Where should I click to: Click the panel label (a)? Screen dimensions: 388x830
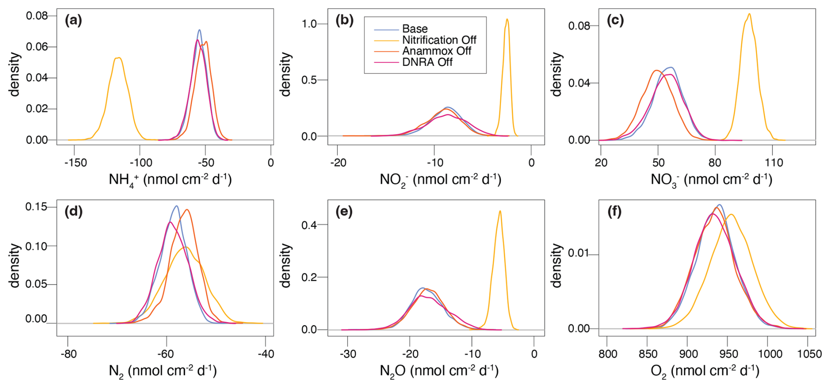tap(73, 21)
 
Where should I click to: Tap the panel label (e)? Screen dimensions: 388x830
tap(344, 212)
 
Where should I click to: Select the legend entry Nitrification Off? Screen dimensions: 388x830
tap(439, 40)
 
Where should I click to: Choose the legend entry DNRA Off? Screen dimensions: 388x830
tap(427, 62)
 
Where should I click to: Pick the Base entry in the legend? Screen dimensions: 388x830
tap(415, 29)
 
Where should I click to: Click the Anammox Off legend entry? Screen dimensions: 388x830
tap(436, 51)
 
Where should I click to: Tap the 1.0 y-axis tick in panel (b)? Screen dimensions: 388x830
tap(309, 24)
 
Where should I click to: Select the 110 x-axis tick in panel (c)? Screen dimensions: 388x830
tap(773, 163)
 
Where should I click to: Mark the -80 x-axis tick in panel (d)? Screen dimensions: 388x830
tap(68, 354)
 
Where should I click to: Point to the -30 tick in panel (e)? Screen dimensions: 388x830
tap(347, 354)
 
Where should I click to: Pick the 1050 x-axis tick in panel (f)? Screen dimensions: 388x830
tap(809, 354)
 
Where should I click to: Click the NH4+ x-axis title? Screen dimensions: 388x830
tap(170, 180)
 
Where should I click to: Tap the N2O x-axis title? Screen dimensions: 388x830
tap(439, 371)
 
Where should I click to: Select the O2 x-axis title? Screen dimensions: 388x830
tap(705, 371)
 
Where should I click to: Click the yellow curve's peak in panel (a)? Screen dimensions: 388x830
tap(118, 57)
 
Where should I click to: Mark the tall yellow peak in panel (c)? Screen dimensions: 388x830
tap(749, 14)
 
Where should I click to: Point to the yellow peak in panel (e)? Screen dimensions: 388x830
tap(500, 211)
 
